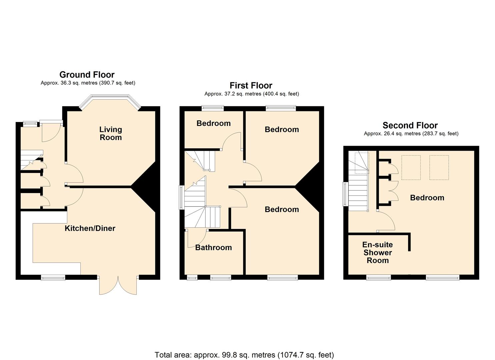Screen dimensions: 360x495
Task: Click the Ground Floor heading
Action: (x=87, y=75)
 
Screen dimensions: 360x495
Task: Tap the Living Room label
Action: (x=111, y=133)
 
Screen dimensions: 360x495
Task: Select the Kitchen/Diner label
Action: (x=90, y=228)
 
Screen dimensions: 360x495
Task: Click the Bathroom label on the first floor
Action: (x=213, y=247)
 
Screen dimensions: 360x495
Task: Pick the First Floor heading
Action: (x=251, y=86)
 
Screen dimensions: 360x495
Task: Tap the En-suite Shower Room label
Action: (x=378, y=253)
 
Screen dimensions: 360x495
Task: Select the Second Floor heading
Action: (x=410, y=125)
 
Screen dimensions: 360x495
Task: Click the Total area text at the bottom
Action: (x=244, y=355)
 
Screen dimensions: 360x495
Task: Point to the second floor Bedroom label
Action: (x=427, y=198)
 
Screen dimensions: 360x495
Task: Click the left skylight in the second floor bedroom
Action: (x=411, y=167)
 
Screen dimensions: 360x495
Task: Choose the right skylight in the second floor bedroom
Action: (x=439, y=167)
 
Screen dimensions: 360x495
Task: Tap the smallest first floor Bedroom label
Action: (x=213, y=123)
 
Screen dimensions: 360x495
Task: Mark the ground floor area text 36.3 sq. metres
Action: (x=88, y=83)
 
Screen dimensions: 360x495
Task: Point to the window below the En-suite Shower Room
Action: (x=379, y=277)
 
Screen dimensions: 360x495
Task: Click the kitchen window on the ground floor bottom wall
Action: (x=53, y=277)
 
